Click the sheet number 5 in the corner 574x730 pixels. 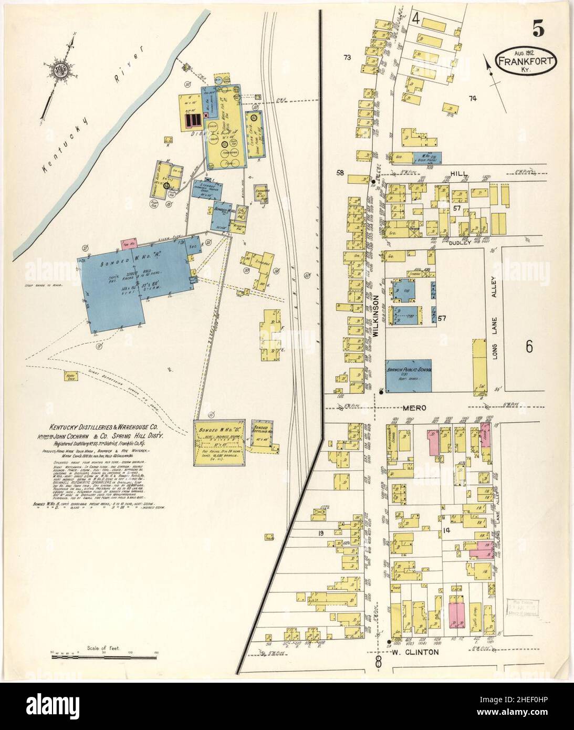pos(538,30)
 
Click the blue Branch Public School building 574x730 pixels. pos(409,376)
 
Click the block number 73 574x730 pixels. pos(347,57)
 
